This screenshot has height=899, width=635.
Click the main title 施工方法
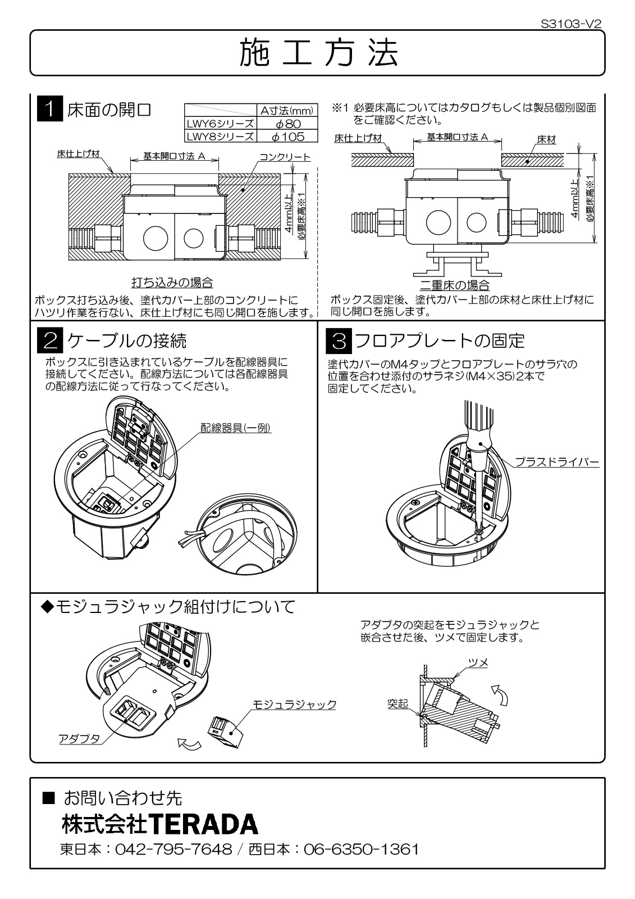tap(318, 54)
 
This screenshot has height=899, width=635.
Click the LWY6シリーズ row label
tap(220, 124)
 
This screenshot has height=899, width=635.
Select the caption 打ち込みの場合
tap(172, 282)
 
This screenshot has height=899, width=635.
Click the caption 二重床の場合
tap(455, 285)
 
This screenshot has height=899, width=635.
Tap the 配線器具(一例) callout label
tap(236, 428)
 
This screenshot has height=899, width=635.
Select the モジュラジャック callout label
tap(294, 704)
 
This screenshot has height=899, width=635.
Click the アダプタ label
tap(79, 738)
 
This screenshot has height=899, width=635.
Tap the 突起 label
tap(398, 703)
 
